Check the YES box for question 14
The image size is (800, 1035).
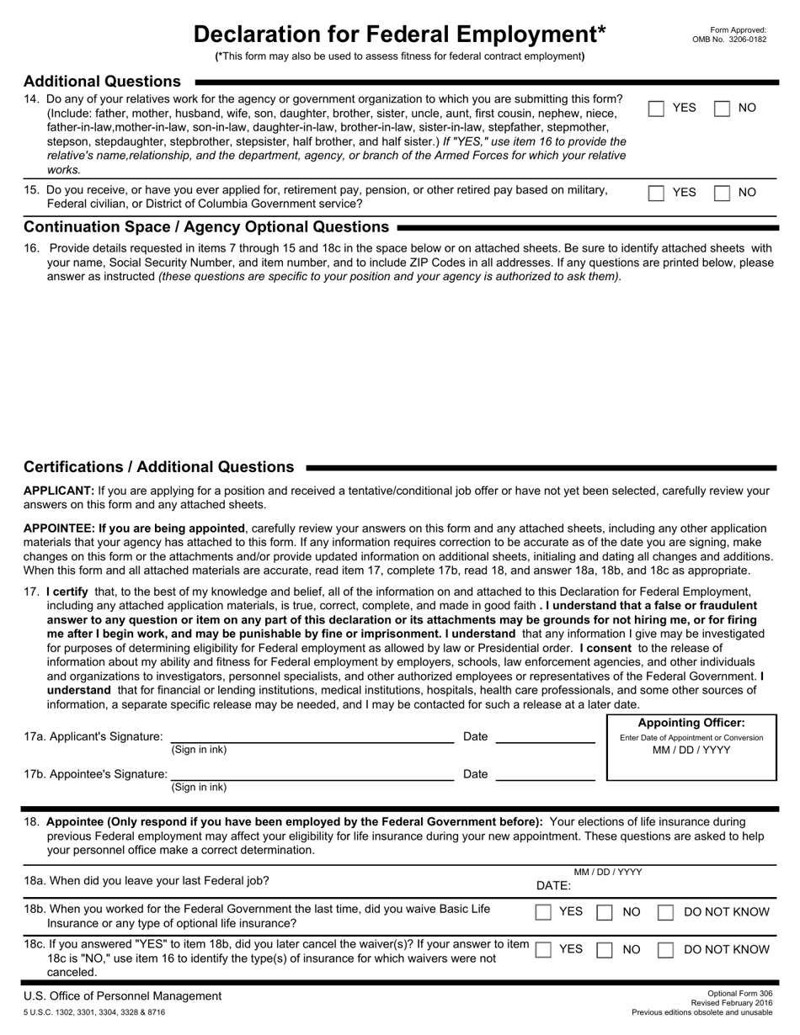pos(657,109)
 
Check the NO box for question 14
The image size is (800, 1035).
pos(722,109)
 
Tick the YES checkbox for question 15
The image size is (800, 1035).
pos(657,193)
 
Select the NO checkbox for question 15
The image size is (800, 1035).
pos(722,193)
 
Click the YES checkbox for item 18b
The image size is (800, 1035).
pos(544,912)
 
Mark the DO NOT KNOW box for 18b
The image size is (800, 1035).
pos(665,912)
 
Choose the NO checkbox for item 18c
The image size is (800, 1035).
pos(605,950)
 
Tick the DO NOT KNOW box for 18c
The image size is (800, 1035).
pos(665,950)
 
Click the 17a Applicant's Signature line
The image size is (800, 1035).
pos(312,737)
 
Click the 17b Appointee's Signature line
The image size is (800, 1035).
pos(312,775)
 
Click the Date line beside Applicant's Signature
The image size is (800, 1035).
pos(545,737)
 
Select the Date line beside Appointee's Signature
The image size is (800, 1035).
pos(545,775)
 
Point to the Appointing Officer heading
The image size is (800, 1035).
pos(691,723)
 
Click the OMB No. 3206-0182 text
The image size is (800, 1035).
pos(729,40)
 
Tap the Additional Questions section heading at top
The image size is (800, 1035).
pos(102,82)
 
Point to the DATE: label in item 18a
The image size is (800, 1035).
pos(553,885)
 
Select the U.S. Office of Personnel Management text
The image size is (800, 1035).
pos(123,996)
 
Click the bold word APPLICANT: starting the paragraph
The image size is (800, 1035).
pos(59,491)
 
